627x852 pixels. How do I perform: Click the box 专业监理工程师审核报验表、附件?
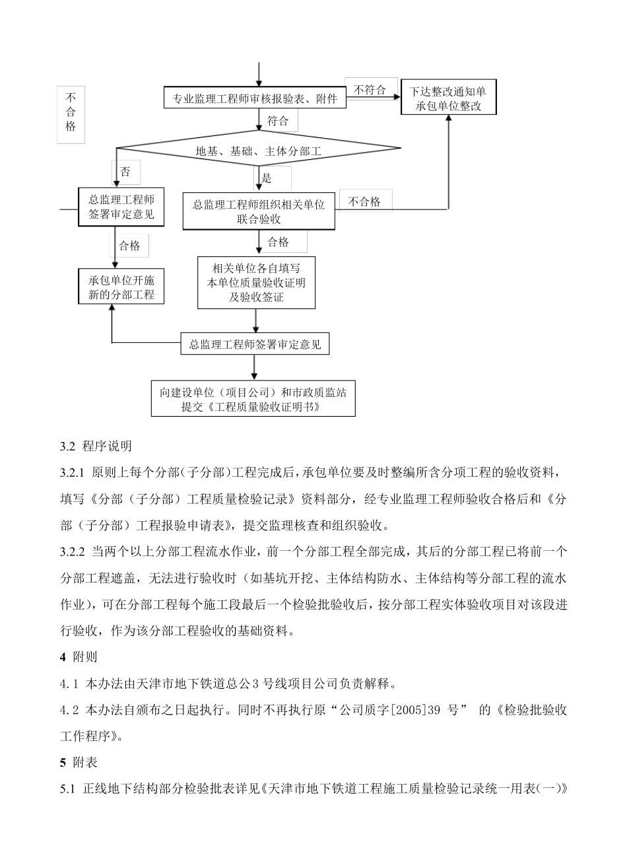[254, 99]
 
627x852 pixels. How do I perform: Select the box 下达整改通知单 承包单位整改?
[448, 98]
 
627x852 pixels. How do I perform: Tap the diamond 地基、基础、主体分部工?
[258, 151]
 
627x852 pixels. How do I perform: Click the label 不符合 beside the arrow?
[370, 90]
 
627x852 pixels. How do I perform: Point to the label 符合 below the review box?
[278, 121]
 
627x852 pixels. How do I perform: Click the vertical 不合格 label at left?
[71, 112]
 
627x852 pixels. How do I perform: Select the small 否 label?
[125, 172]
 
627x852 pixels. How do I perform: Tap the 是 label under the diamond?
[267, 178]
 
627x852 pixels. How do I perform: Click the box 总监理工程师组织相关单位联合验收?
[259, 211]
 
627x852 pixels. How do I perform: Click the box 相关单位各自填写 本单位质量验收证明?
[256, 283]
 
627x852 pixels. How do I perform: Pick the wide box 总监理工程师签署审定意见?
[255, 344]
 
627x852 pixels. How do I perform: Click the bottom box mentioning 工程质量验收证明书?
[253, 399]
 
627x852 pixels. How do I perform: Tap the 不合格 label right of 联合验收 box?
[364, 202]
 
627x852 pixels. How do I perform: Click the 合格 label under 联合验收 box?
[278, 242]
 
